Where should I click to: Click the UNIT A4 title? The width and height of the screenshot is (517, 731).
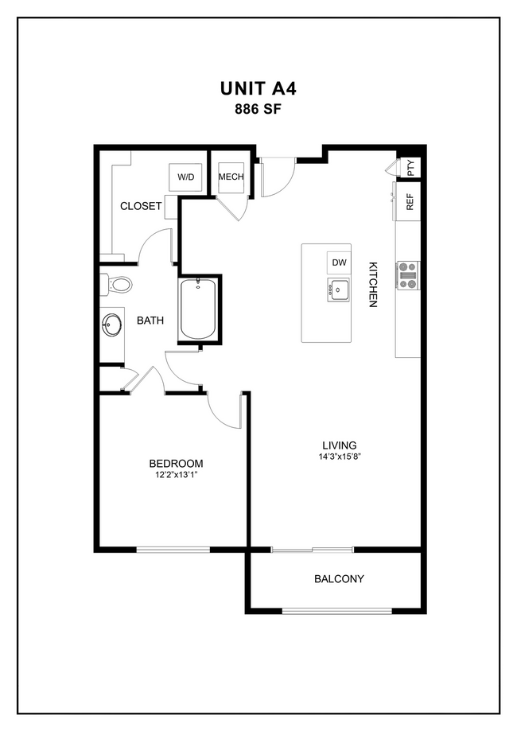coord(258,88)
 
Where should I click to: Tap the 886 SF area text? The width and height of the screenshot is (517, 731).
coord(258,110)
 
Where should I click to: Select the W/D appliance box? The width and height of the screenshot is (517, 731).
coord(185,177)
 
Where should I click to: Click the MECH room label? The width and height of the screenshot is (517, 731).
coord(231,177)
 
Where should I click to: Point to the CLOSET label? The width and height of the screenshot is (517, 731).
coord(141,206)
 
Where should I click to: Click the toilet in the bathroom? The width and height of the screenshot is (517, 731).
coord(117,284)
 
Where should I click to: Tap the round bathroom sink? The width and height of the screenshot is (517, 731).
coord(111,325)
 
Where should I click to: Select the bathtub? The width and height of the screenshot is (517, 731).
coord(196,309)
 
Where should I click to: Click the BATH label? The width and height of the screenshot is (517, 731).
coord(150,321)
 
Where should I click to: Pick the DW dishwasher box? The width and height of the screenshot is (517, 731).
coord(339,262)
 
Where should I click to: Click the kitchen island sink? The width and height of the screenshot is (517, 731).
coord(339,290)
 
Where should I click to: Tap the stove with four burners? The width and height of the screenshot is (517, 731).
coord(408,275)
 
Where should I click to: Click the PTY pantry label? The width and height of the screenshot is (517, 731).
coord(410,167)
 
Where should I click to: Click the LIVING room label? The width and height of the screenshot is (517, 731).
coord(339,445)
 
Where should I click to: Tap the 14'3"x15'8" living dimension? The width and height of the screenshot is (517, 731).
coord(339,457)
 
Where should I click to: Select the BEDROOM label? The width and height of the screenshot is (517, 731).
coord(176,464)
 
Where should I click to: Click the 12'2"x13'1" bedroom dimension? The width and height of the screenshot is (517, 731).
coord(176,476)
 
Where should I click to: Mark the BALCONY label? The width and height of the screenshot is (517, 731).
coord(339,579)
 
